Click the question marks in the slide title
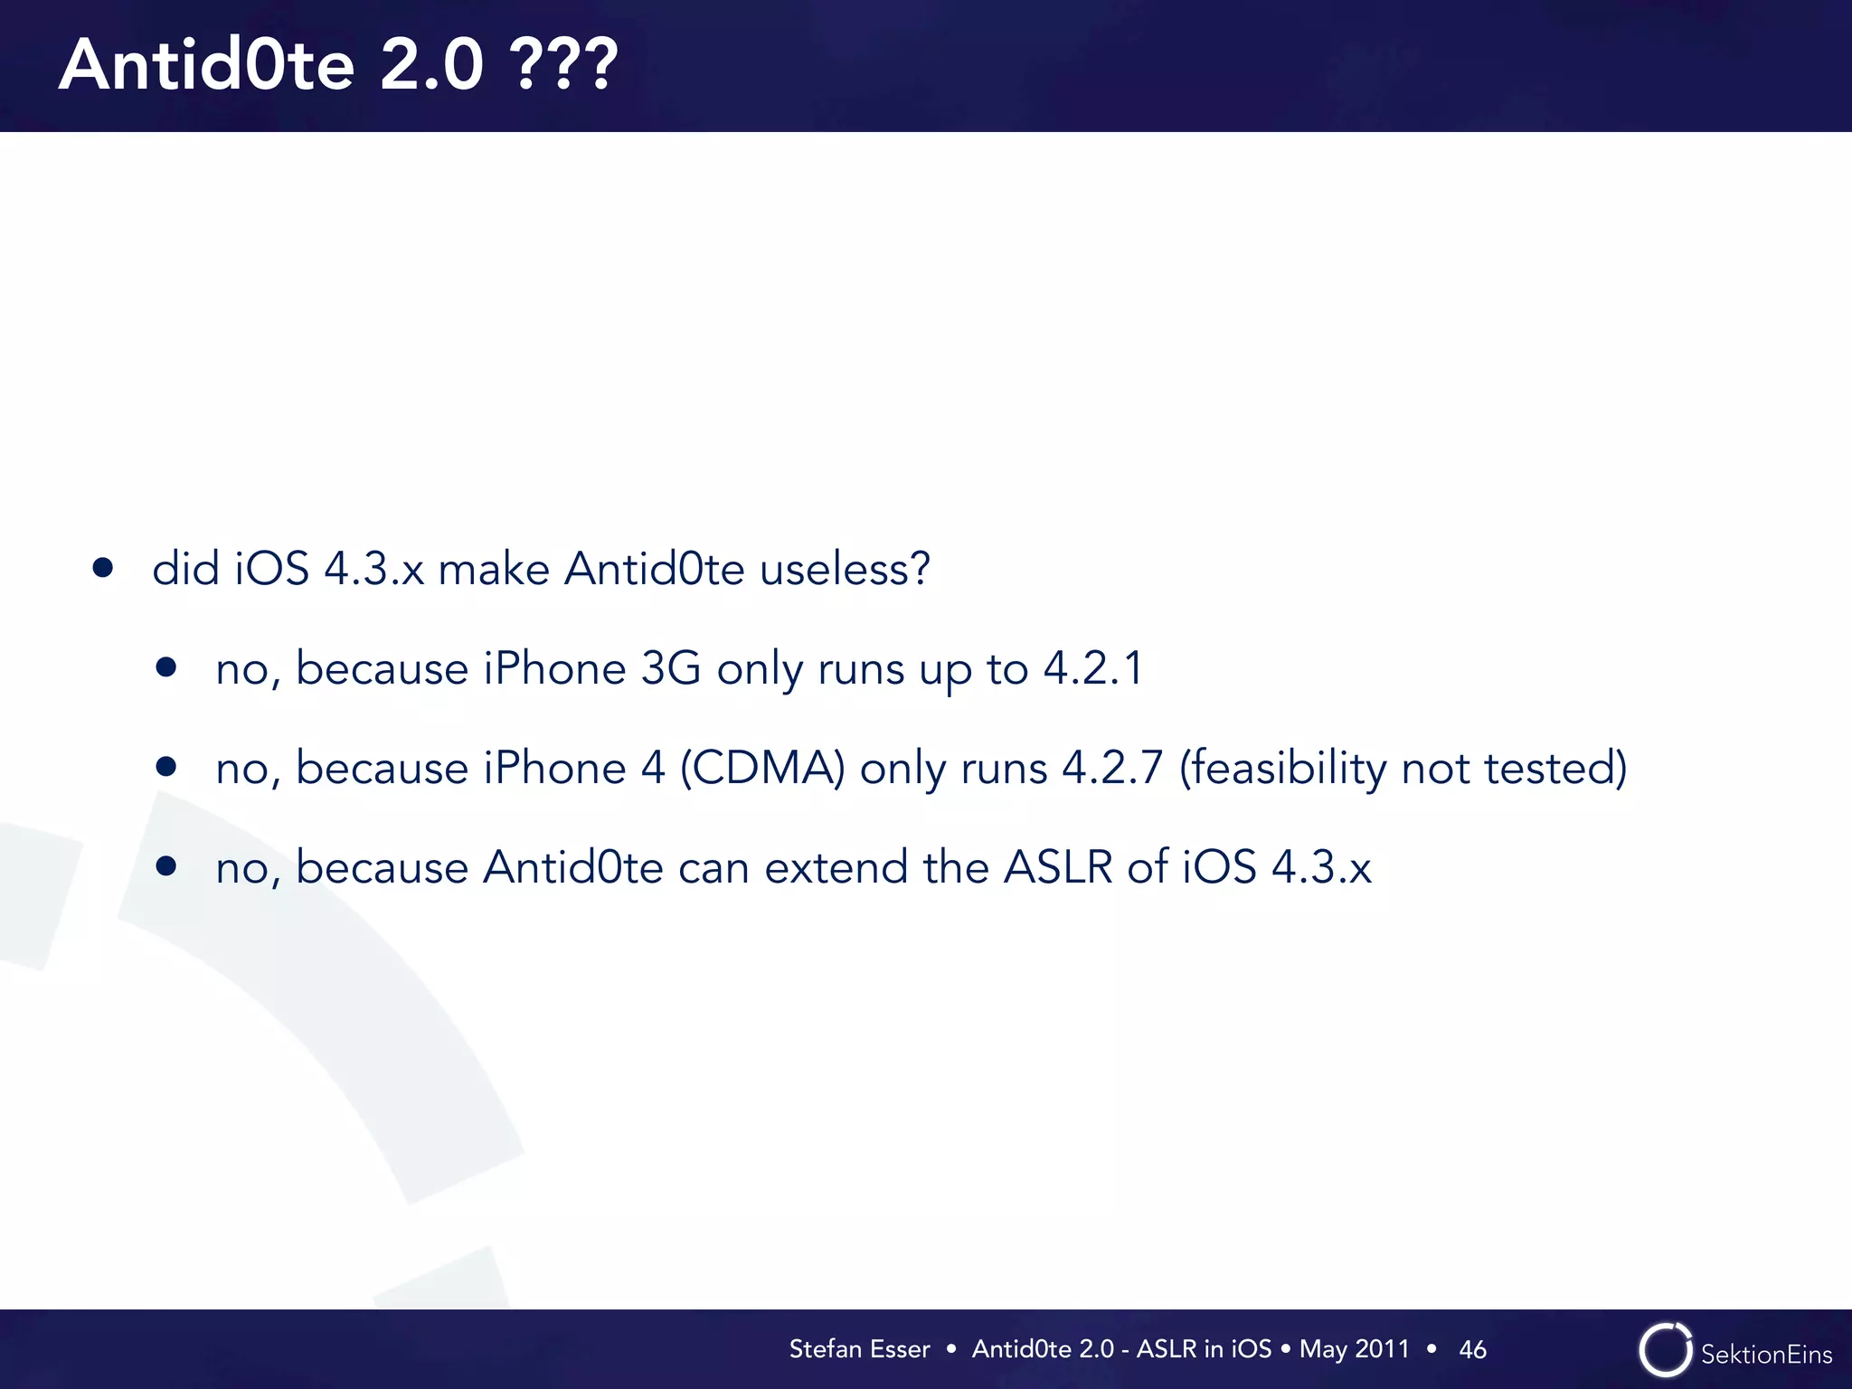click(565, 65)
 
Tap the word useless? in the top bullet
click(845, 570)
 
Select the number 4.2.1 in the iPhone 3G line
click(1094, 669)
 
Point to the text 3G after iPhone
click(671, 669)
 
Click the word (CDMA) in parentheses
click(762, 769)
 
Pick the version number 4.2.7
click(1112, 769)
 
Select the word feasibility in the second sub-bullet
click(1282, 769)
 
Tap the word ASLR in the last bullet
click(1058, 867)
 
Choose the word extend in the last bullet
click(836, 867)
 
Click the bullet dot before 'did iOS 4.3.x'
click(103, 568)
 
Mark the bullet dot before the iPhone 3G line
click(165, 667)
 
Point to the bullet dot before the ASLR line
click(165, 866)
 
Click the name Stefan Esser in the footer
click(859, 1349)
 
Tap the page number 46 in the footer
click(1472, 1349)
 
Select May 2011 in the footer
click(1354, 1349)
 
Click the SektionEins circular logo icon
click(1665, 1350)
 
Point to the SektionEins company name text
click(1766, 1355)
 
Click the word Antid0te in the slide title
click(207, 65)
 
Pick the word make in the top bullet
click(494, 570)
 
